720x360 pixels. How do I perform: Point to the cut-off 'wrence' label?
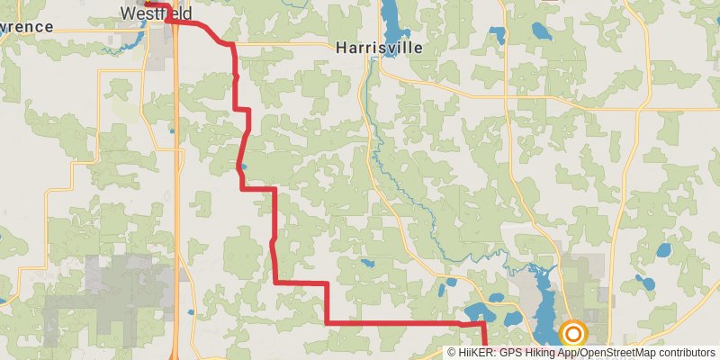27,27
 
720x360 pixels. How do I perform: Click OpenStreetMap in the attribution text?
617,353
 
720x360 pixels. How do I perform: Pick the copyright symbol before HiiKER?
453,353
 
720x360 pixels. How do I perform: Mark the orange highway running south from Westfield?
176,180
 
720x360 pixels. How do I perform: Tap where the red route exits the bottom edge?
487,356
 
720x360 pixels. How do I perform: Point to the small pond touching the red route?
243,166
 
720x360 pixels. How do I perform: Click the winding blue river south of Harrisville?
387,171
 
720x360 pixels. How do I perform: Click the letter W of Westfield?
128,14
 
